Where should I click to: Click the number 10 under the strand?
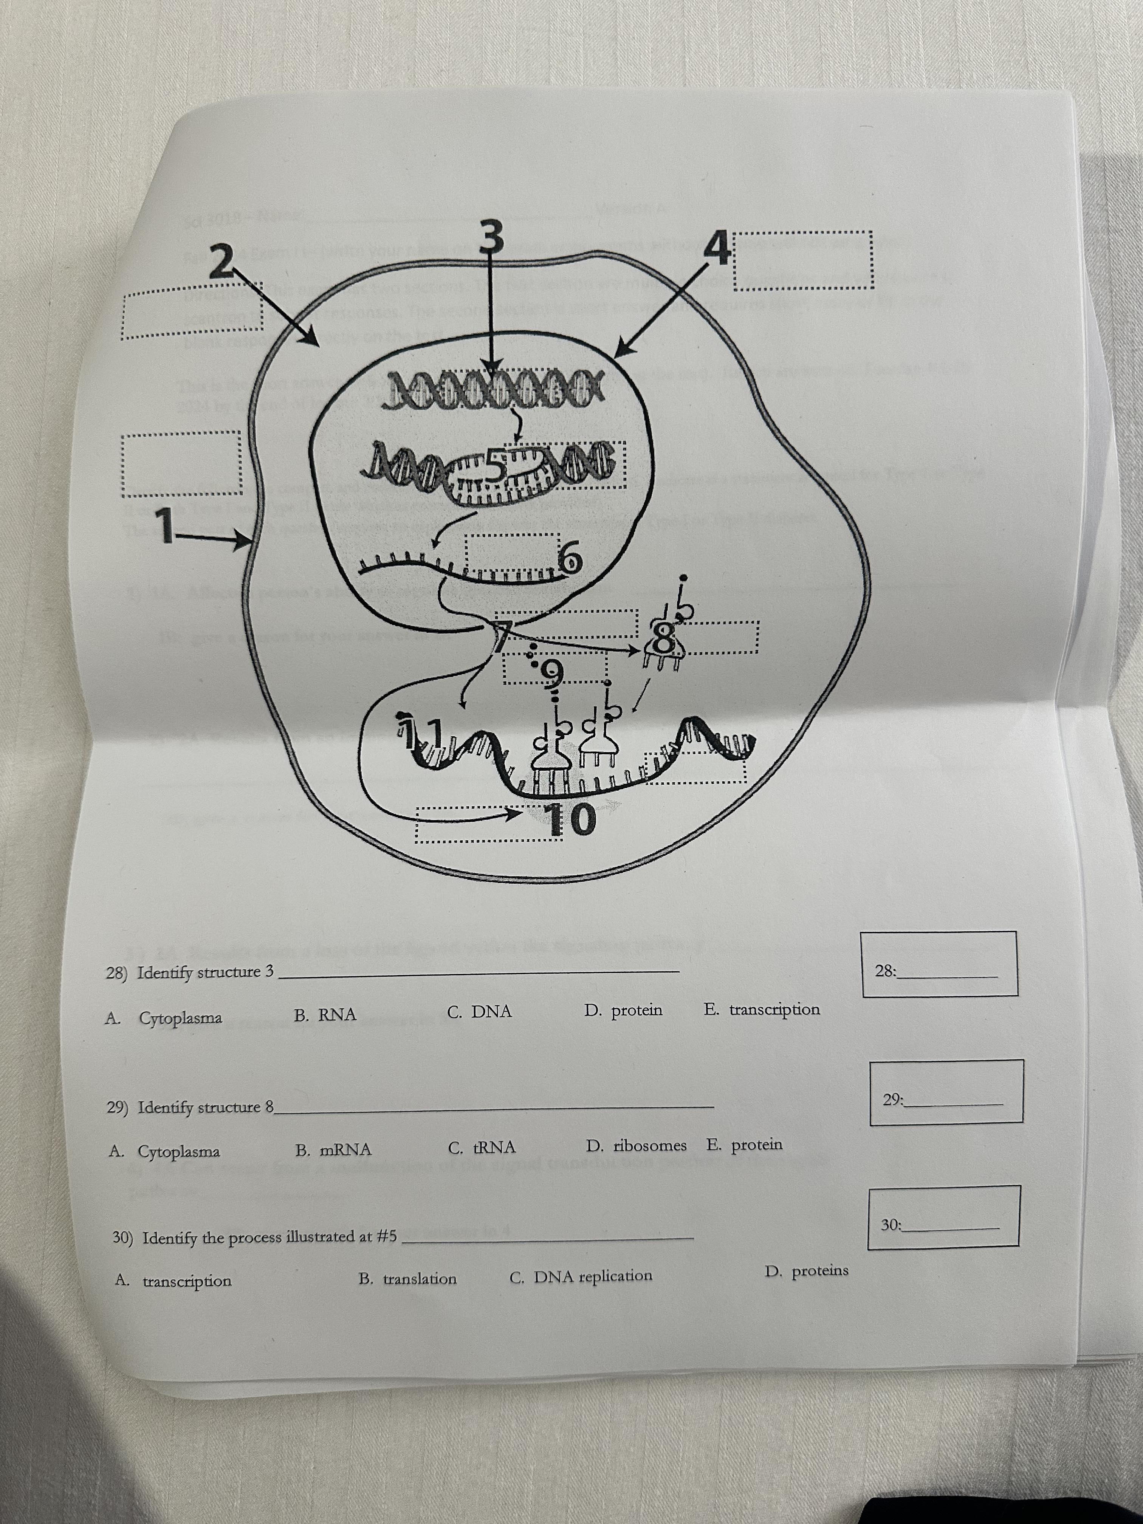571,818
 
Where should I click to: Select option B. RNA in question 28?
325,1014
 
